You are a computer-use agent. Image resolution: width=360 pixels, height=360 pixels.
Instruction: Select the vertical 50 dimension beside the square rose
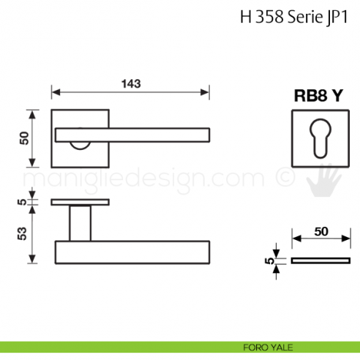(24, 138)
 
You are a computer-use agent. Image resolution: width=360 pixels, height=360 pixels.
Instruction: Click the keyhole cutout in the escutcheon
(320, 138)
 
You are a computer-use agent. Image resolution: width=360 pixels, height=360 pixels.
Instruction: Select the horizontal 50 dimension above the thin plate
(320, 231)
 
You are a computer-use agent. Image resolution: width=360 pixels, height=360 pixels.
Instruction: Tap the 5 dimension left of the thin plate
(270, 260)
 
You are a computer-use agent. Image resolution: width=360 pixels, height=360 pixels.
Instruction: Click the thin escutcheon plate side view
(320, 260)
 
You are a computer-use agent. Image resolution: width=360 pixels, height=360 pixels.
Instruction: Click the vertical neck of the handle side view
(80, 223)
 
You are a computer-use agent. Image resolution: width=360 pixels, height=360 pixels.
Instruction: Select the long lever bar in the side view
(132, 252)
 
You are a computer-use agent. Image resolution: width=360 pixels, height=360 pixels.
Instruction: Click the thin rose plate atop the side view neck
(80, 201)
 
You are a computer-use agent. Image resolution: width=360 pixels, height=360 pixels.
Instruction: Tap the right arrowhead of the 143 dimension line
(207, 92)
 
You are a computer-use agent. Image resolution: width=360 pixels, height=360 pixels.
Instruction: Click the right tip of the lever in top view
(208, 134)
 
